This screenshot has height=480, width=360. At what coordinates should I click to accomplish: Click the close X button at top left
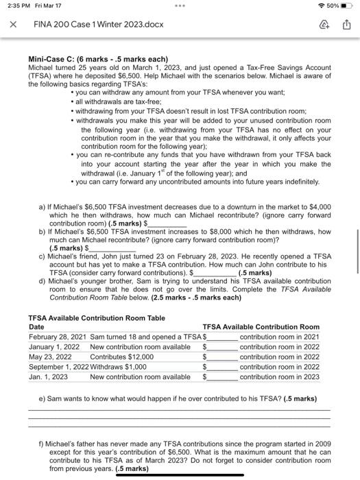[x=12, y=25]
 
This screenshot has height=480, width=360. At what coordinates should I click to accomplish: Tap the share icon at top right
[x=347, y=25]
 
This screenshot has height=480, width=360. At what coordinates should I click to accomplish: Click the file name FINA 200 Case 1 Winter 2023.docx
[x=99, y=25]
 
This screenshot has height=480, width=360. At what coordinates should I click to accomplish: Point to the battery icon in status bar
[x=348, y=6]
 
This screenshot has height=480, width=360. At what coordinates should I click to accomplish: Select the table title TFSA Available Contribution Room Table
[x=96, y=318]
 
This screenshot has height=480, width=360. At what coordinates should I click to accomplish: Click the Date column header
[x=36, y=327]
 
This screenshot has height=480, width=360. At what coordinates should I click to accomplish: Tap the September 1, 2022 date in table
[x=59, y=367]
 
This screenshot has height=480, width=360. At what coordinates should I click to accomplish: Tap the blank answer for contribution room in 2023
[x=222, y=378]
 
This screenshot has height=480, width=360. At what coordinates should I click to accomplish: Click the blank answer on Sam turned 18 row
[x=222, y=339]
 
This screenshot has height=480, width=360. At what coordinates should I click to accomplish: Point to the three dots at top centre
[x=180, y=6]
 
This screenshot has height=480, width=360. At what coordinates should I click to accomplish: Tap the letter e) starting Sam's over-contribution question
[x=43, y=398]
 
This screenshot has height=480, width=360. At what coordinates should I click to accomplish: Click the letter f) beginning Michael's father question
[x=43, y=444]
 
